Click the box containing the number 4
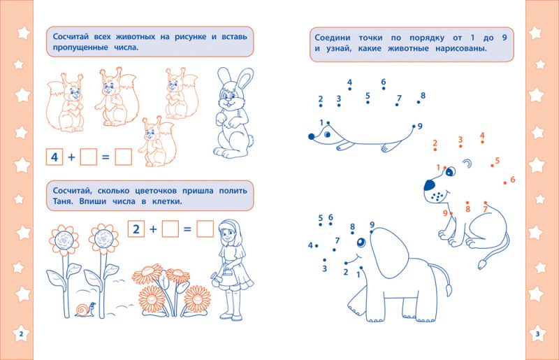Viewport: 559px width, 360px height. [55, 157]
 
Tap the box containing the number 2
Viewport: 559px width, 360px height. [136, 229]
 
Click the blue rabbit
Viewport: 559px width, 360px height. [233, 113]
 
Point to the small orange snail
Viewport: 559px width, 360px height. [85, 310]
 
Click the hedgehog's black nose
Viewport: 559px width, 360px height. [311, 136]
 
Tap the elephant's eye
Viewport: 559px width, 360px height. [361, 243]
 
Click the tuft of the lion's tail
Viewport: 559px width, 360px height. [482, 264]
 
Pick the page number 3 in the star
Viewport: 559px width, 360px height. [537, 334]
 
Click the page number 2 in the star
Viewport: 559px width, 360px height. [21, 334]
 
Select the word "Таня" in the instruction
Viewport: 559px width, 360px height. [63, 201]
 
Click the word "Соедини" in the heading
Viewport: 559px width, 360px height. [333, 38]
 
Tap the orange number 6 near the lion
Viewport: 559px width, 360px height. [513, 180]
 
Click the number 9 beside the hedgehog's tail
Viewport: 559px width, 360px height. [420, 127]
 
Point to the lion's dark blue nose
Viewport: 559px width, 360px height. [430, 185]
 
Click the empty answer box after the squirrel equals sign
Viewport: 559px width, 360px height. [124, 157]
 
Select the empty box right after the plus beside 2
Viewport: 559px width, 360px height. [170, 229]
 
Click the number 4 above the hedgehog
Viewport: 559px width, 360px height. [350, 82]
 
